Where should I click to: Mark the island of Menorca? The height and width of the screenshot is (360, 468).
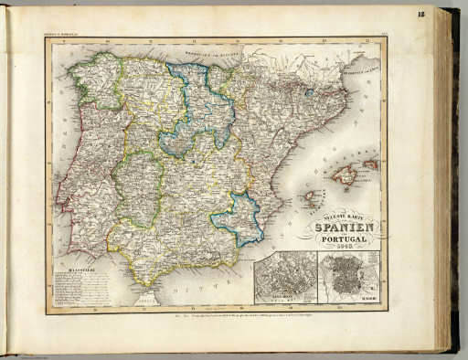pyautogui.click(x=370, y=165)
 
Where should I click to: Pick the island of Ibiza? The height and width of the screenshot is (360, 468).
pyautogui.click(x=310, y=195)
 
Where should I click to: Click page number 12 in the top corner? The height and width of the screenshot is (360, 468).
pyautogui.click(x=446, y=14)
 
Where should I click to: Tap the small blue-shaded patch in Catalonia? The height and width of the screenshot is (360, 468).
pyautogui.click(x=309, y=91)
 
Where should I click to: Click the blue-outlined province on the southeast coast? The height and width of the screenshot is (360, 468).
pyautogui.click(x=239, y=220)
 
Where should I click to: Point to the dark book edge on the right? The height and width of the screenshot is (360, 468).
pyautogui.click(x=452, y=183)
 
